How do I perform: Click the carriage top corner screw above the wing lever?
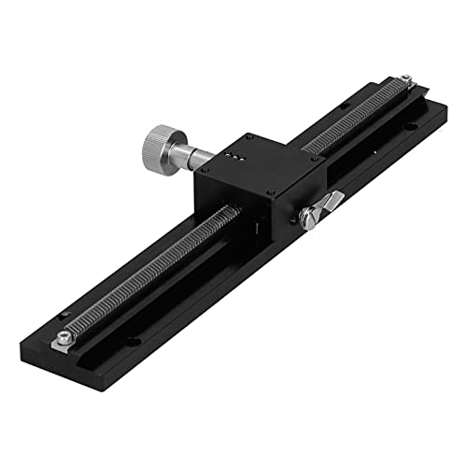[x=302, y=167]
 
